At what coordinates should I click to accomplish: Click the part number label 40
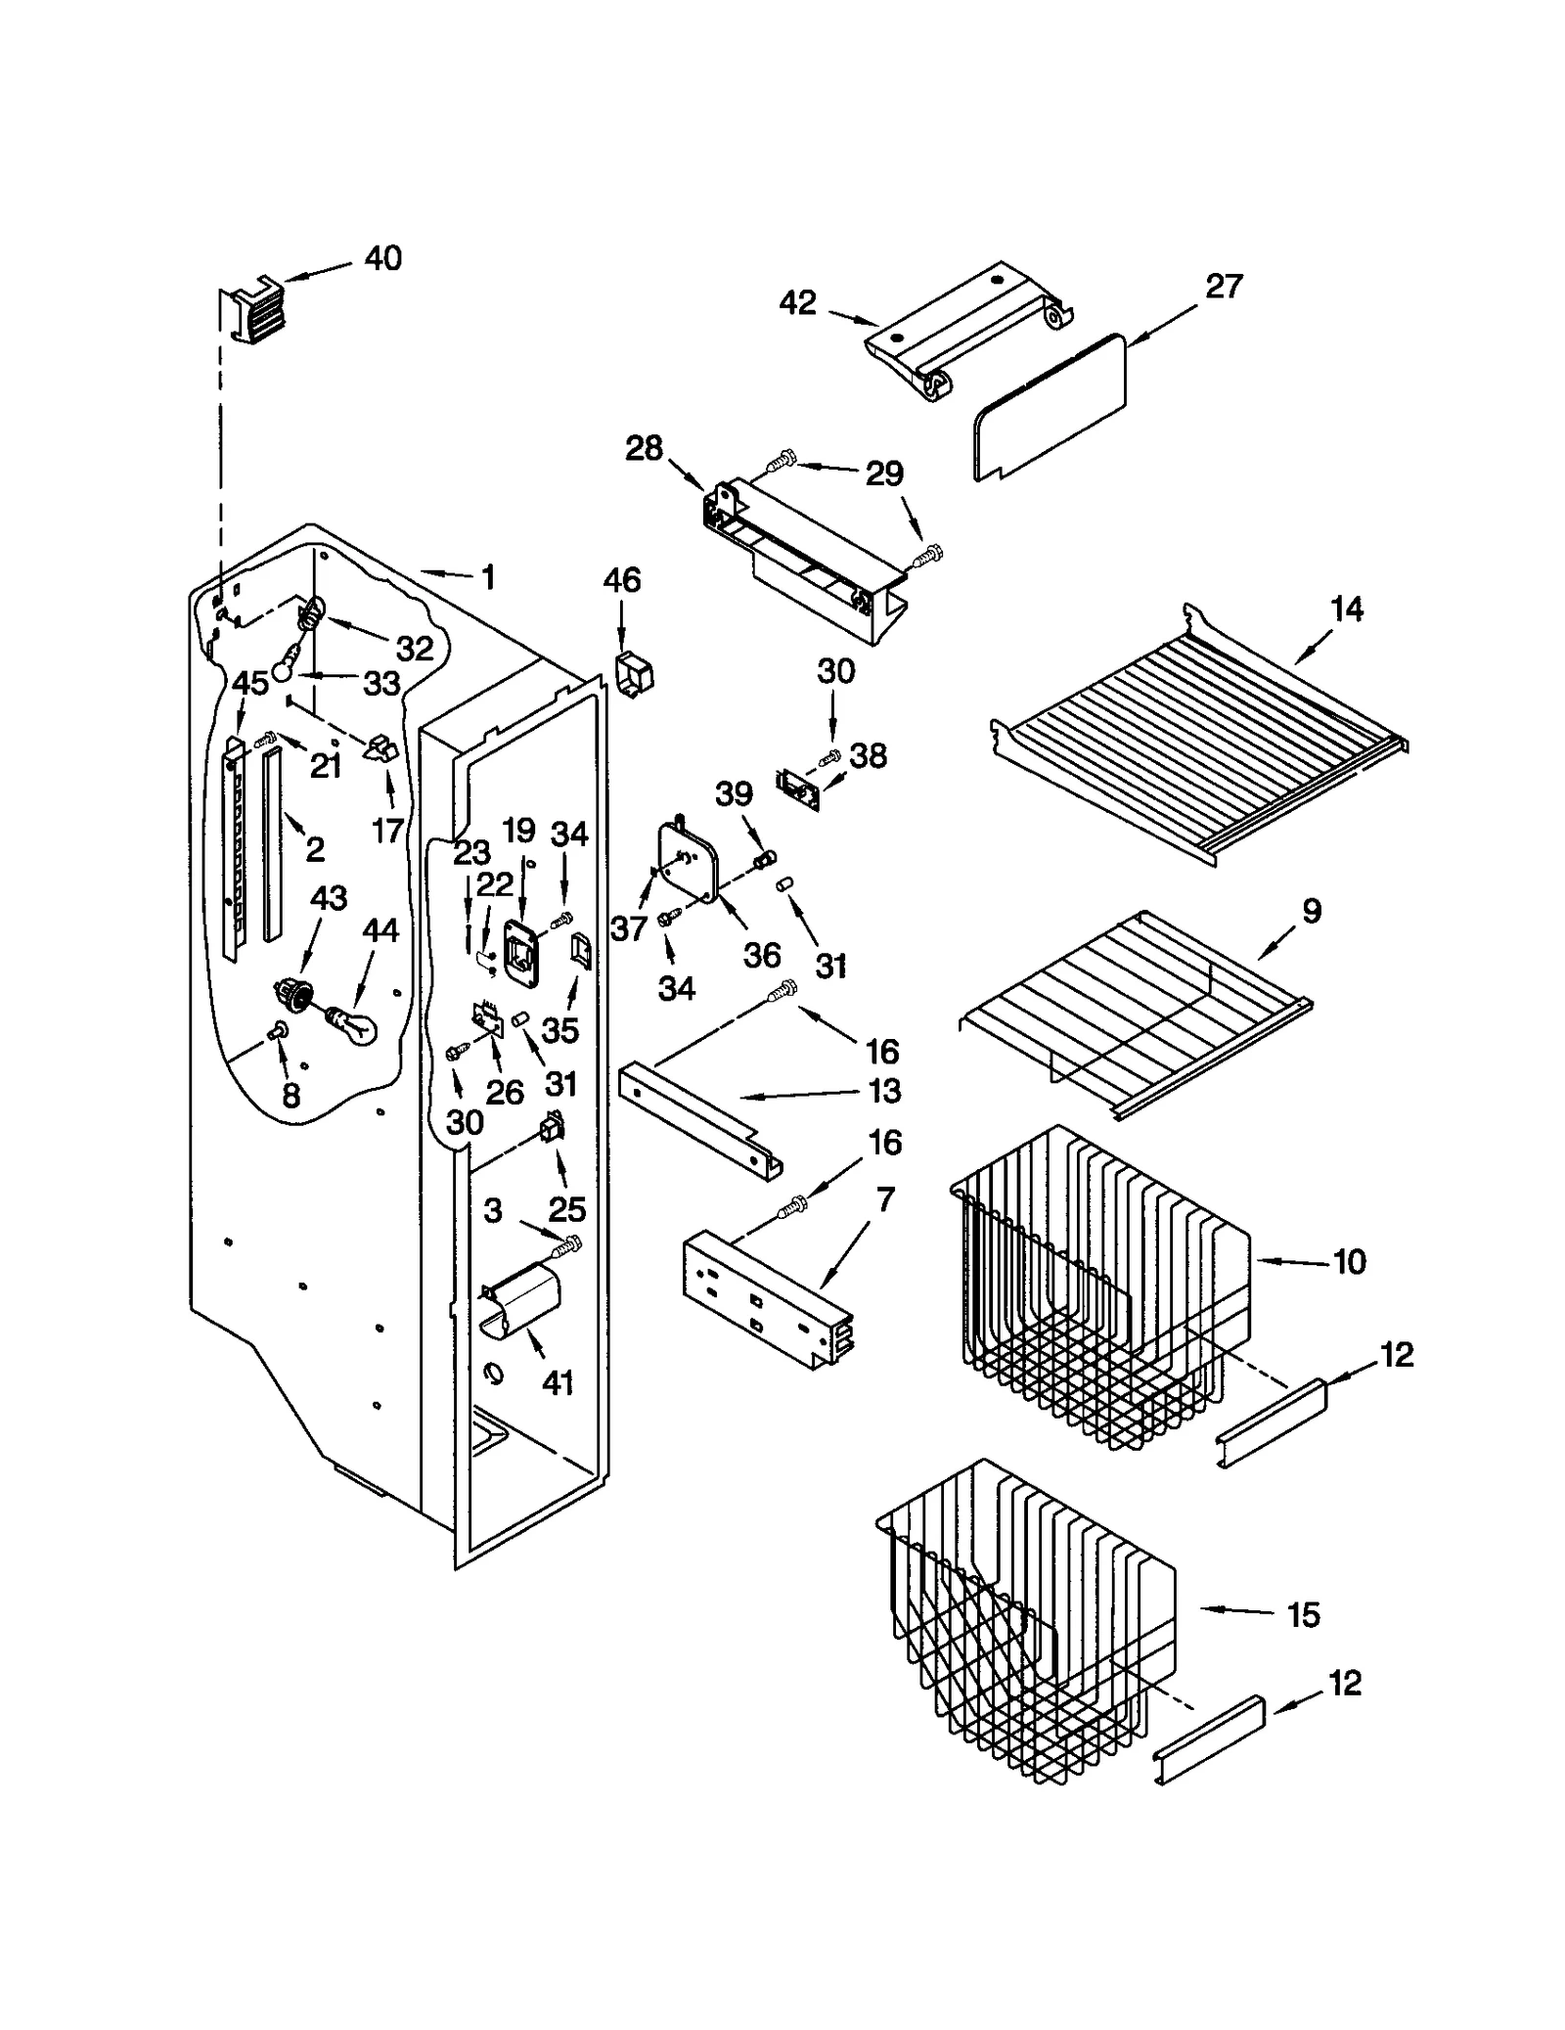pos(382,258)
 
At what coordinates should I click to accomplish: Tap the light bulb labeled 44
pos(353,1026)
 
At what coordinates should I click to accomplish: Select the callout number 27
pos(1223,287)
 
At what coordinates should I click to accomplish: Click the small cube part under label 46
pos(633,674)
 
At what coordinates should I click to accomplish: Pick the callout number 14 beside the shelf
pos(1346,609)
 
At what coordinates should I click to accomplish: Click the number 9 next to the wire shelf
pos(1312,911)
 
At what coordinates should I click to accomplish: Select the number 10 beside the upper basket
pos(1349,1262)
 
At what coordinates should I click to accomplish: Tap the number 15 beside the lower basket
pos(1303,1615)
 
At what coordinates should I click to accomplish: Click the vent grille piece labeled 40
pos(255,310)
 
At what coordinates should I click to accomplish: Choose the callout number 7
pos(885,1198)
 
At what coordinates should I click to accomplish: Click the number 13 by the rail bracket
pos(885,1091)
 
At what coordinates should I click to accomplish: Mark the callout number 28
pos(644,449)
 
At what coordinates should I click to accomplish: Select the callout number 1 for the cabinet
pos(487,577)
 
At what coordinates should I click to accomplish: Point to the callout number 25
pos(566,1209)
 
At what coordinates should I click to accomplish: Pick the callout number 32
pos(414,648)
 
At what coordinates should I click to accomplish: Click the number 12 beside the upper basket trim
pos(1396,1355)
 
